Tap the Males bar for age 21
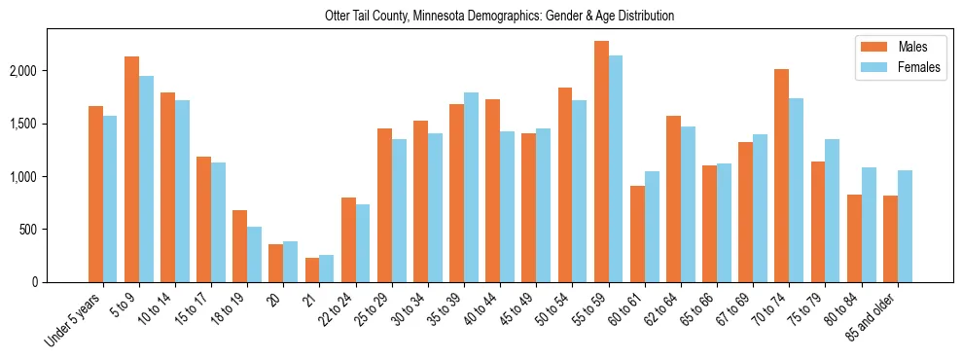coord(312,270)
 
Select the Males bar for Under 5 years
coord(95,194)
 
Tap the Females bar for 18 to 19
coord(254,254)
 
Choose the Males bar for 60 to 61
coord(637,234)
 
